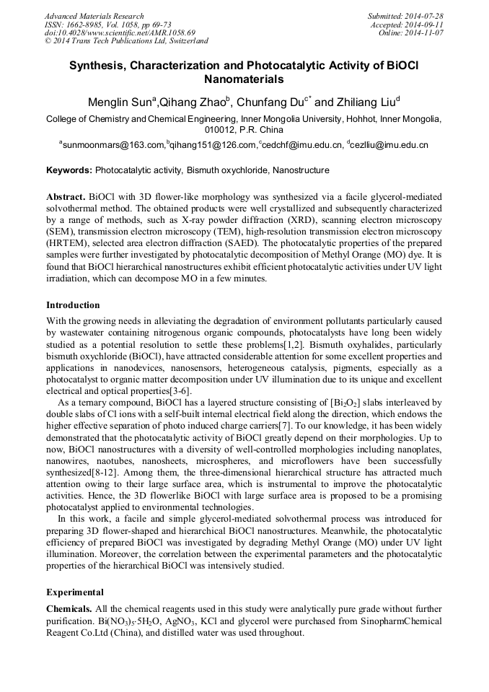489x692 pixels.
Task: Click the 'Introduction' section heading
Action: (x=73, y=305)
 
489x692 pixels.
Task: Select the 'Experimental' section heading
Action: (x=75, y=592)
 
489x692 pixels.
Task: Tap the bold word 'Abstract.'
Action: (x=66, y=197)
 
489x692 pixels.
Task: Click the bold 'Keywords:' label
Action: (x=69, y=170)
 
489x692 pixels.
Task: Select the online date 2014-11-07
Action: (x=427, y=33)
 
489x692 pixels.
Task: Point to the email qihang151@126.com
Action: (x=213, y=145)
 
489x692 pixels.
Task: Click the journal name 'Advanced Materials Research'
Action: (x=94, y=16)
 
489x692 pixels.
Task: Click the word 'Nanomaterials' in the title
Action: (x=244, y=79)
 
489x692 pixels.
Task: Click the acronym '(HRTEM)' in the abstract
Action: (x=69, y=242)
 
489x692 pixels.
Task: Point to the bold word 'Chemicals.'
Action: (x=69, y=610)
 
